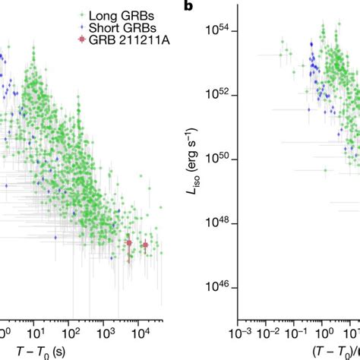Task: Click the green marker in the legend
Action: pos(81,14)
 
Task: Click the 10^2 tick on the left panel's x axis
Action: pos(74,333)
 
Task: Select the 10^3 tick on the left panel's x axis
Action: pos(108,333)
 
